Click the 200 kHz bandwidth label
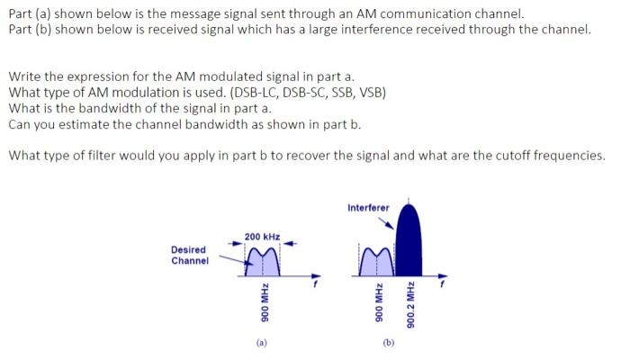(x=262, y=235)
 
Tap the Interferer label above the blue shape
(x=368, y=208)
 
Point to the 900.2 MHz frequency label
(x=410, y=305)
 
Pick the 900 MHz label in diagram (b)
(x=367, y=309)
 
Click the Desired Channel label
(x=189, y=255)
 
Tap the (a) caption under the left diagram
(x=261, y=342)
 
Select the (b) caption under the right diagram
(x=388, y=342)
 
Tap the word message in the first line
(x=187, y=13)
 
